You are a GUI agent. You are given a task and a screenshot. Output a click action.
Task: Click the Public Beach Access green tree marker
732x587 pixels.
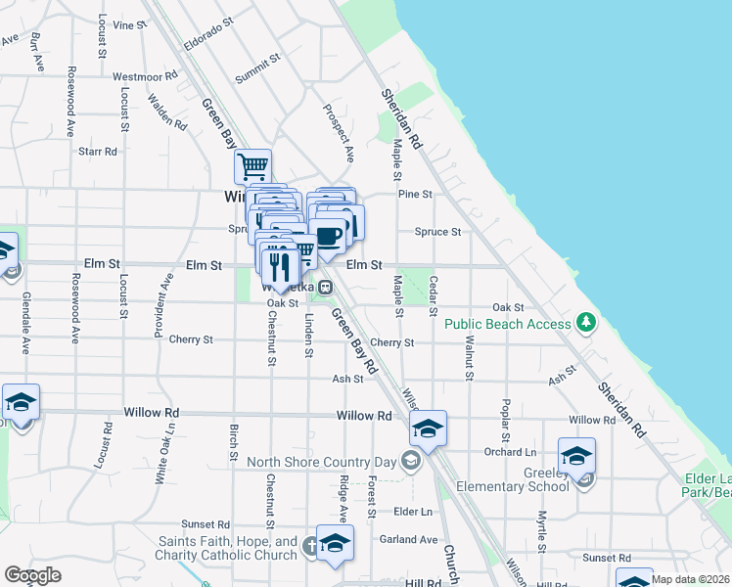click(586, 321)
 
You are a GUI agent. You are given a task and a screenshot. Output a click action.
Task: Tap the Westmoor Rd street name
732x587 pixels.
click(145, 75)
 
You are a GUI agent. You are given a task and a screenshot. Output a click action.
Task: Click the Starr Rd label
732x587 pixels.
click(98, 152)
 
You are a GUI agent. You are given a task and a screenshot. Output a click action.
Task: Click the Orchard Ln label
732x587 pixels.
click(511, 452)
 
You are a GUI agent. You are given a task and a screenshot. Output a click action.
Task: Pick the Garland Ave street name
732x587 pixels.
click(410, 539)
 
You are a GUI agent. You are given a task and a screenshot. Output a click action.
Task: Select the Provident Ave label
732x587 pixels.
click(161, 305)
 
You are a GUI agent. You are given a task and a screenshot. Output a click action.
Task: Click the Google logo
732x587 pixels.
click(32, 575)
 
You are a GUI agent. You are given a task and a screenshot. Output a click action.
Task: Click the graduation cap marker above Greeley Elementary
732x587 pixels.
click(576, 455)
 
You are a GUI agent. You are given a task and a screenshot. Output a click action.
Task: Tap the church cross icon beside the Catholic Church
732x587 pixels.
click(310, 545)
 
